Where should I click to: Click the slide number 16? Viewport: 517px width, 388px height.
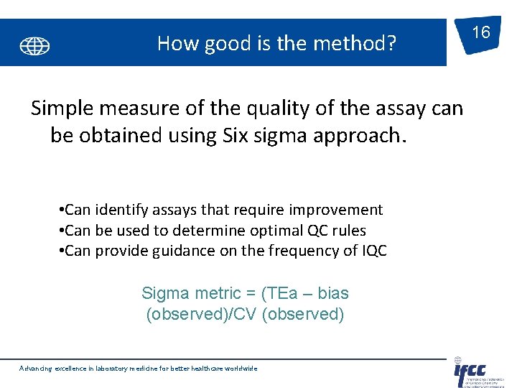point(481,32)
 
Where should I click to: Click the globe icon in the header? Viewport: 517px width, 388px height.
point(34,47)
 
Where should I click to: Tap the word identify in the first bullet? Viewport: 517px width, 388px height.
point(128,210)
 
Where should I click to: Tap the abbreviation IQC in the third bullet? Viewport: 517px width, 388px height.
point(373,251)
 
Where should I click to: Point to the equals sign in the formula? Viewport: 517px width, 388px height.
point(252,293)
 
